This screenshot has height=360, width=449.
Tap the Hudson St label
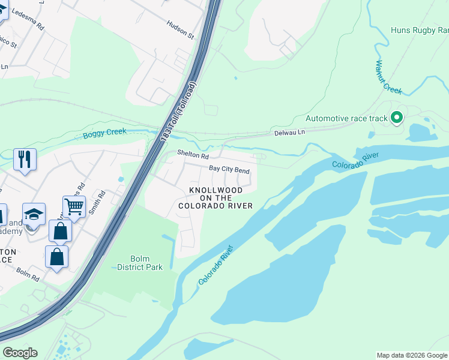click(x=181, y=28)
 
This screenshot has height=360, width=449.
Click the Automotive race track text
click(x=346, y=118)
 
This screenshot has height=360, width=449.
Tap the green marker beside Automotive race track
click(x=396, y=118)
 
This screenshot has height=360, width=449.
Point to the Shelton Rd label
click(x=192, y=155)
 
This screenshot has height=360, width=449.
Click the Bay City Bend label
click(x=229, y=170)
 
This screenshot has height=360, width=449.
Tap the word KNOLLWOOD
click(x=216, y=190)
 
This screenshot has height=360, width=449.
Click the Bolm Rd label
click(x=27, y=274)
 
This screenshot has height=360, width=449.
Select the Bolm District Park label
click(x=139, y=263)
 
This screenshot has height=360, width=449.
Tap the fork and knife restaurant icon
click(x=25, y=160)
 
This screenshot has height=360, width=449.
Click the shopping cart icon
click(x=74, y=207)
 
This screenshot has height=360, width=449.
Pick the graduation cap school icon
click(x=34, y=214)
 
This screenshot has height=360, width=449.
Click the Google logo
click(x=20, y=352)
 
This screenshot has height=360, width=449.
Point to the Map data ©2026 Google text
click(x=412, y=355)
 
